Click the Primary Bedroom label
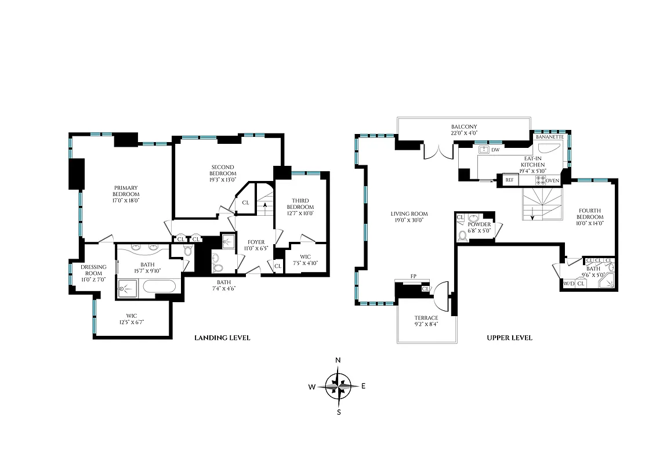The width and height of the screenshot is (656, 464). coord(126,191)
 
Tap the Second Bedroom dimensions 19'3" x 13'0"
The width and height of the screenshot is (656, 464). coord(223,179)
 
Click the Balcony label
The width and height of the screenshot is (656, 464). coord(463,126)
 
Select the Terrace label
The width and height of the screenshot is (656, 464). coord(426,318)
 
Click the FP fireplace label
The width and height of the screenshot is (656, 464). coord(413,277)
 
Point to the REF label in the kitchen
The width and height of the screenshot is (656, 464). coord(510,180)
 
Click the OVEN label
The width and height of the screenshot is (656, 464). coord(552,180)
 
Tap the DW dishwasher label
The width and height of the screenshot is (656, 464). coord(495,150)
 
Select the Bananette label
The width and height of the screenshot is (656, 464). coord(549,137)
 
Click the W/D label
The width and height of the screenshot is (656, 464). coord(568,284)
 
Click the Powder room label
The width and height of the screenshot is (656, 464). coord(479,224)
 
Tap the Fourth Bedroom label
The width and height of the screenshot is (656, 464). coord(589,214)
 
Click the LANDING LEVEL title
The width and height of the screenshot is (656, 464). coord(222,338)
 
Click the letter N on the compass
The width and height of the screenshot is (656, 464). coord(339,360)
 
